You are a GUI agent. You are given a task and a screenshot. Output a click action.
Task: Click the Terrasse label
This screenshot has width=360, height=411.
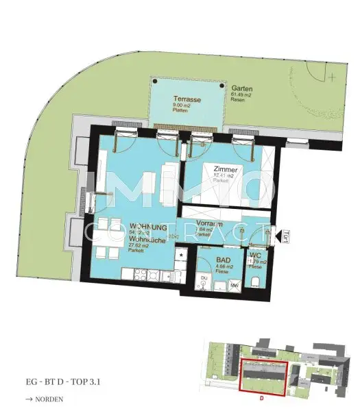pos(187,99)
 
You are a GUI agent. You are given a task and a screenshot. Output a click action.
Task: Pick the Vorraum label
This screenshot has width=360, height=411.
pos(208,223)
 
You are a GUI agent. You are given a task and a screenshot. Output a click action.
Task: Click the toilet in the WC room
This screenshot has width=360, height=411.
pos(255,283)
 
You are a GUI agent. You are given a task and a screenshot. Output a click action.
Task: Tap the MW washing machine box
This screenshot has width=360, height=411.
pos(234,284)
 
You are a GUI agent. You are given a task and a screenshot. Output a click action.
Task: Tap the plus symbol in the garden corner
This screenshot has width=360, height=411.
pos(333,77)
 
